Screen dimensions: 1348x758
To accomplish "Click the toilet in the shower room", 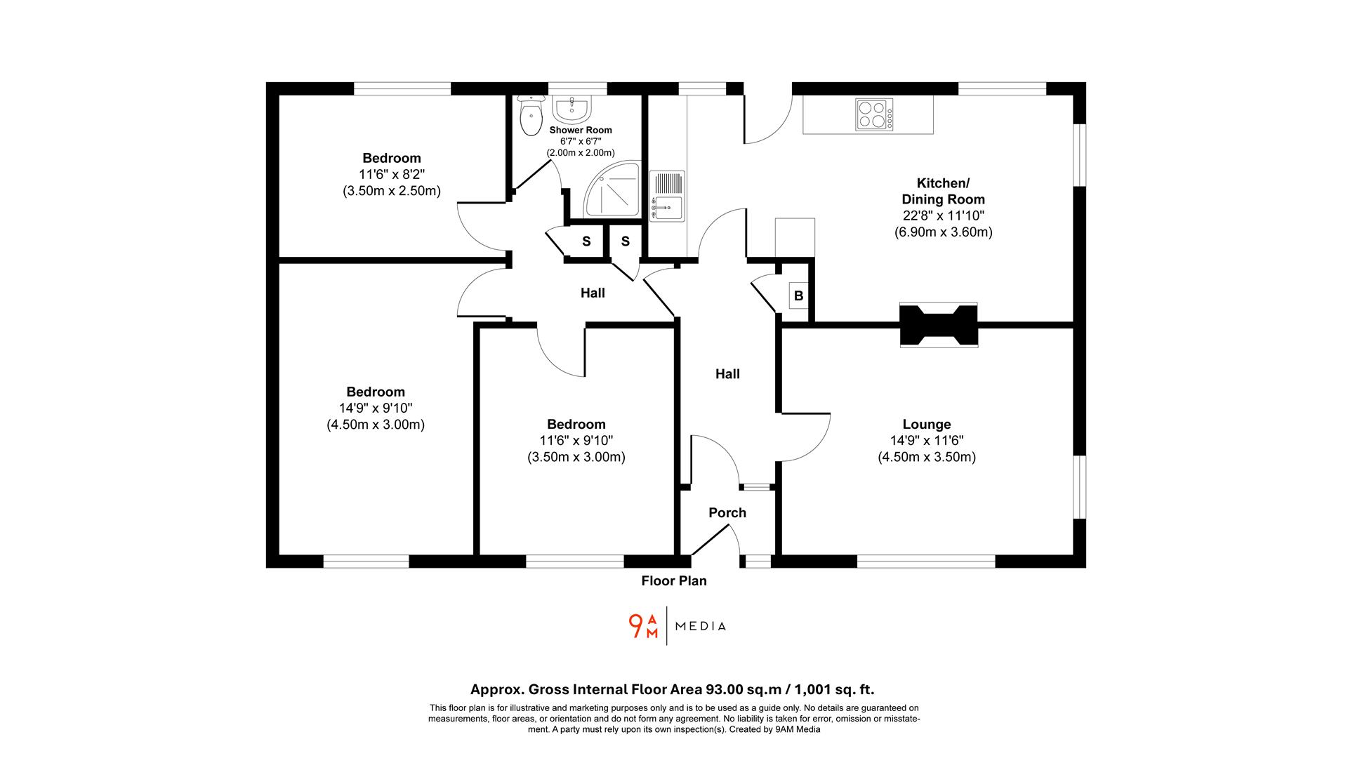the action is (x=531, y=116).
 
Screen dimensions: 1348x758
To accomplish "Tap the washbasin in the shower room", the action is (x=573, y=109).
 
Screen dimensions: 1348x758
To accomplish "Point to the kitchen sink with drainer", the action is (x=667, y=196).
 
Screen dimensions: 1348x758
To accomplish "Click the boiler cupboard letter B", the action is (x=798, y=296).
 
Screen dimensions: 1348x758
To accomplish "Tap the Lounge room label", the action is (x=927, y=425).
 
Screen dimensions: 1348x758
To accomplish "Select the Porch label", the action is (x=727, y=513).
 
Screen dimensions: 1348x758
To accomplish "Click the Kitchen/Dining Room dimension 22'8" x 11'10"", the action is (x=944, y=216).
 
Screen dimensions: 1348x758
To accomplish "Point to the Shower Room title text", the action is (x=581, y=130).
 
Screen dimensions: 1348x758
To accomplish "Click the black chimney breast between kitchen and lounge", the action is (x=939, y=324).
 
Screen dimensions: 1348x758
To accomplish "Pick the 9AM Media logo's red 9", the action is (x=636, y=626).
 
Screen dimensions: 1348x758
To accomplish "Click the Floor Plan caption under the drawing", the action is (x=674, y=581).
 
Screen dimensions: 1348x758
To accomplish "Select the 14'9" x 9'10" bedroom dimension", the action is (x=376, y=408).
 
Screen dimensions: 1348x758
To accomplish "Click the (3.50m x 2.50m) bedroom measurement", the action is (x=392, y=191).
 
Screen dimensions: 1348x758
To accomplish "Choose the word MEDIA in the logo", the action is (x=701, y=626).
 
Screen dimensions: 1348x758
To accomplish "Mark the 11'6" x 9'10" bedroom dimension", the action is (x=576, y=441).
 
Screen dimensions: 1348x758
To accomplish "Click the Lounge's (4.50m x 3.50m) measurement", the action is (x=927, y=458).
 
